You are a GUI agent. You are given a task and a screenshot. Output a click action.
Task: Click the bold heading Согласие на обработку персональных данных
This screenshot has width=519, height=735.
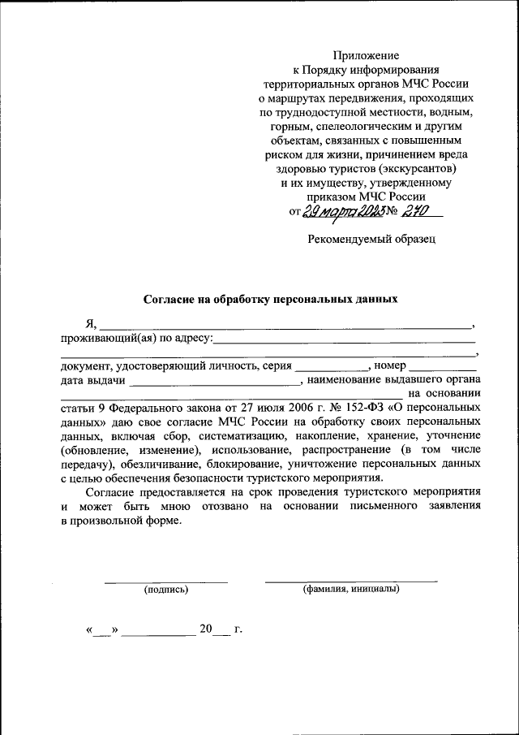click(271, 299)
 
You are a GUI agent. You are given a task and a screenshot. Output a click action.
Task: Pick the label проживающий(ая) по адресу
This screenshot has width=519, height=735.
click(135, 338)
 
